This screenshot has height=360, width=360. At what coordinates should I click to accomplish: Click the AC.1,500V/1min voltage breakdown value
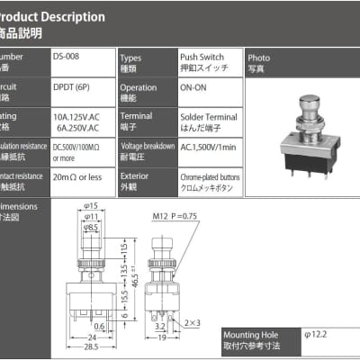tap(206, 147)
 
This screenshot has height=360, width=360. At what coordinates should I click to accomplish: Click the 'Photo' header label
tap(258, 56)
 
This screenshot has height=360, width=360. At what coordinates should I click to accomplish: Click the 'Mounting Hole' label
tap(249, 334)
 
